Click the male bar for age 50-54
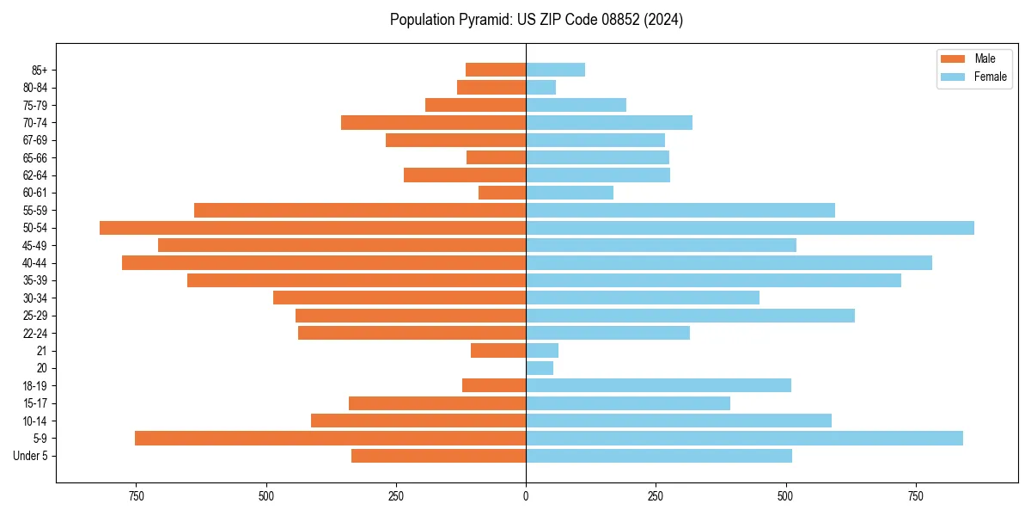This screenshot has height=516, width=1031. [313, 228]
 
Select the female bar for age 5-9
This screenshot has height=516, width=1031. [744, 439]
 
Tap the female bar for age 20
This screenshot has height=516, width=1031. [540, 368]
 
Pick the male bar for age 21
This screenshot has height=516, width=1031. [498, 351]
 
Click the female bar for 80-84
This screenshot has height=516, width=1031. [541, 88]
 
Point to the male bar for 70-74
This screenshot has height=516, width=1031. [433, 123]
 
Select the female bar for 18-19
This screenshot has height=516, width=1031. [658, 385]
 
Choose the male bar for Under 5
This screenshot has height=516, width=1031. [438, 456]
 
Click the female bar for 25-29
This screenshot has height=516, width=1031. [690, 316]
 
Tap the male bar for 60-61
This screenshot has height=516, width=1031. [502, 193]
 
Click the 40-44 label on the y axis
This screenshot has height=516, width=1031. [34, 263]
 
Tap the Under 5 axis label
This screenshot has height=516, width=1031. [31, 456]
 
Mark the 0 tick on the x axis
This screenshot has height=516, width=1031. [526, 496]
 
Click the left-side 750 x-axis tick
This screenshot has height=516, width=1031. [136, 496]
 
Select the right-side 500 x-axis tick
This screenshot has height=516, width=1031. [785, 496]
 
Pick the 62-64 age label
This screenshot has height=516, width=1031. [34, 175]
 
